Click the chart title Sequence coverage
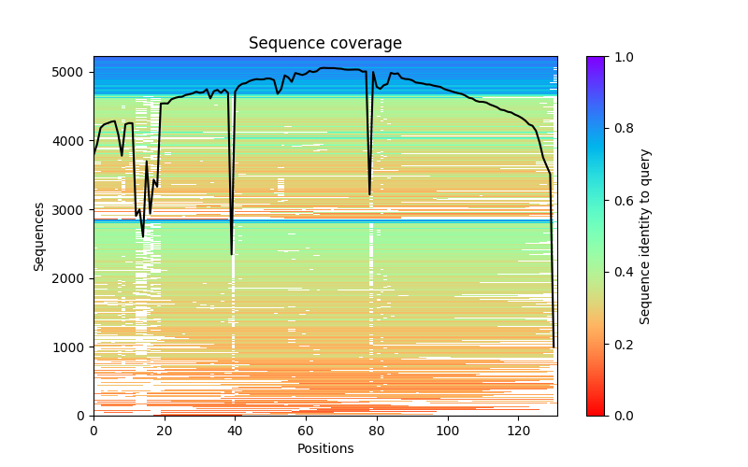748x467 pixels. pos(324,44)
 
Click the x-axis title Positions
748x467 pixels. pos(324,448)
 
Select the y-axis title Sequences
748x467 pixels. pos(39,235)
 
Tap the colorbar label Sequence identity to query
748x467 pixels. pos(645,235)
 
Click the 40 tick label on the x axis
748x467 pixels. pos(235,430)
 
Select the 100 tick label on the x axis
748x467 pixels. pos(448,430)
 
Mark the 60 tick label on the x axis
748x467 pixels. pos(306,430)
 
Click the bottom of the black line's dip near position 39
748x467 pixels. pos(232,254)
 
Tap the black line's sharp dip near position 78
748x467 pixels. pos(369,194)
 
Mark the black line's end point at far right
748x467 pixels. pos(554,347)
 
